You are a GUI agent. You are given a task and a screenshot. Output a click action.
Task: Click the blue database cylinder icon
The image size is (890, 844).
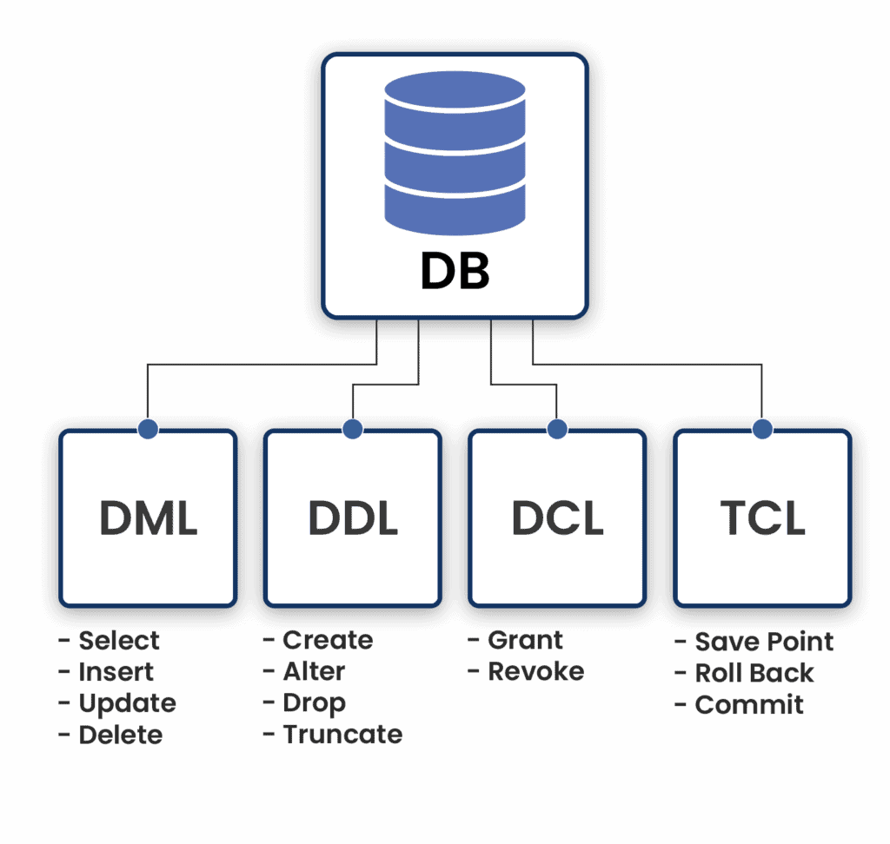pos(455,154)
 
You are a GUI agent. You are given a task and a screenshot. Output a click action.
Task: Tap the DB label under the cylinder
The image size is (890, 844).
pos(455,271)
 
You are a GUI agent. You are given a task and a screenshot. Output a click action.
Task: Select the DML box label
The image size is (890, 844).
pos(149,518)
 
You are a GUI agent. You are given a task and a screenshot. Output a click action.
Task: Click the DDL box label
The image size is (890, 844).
pos(353,518)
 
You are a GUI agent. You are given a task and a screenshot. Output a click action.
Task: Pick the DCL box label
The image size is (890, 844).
pos(557,518)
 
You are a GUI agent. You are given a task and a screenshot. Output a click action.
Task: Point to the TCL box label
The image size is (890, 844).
pos(762,518)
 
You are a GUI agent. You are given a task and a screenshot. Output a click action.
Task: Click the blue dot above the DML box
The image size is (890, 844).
pos(149,428)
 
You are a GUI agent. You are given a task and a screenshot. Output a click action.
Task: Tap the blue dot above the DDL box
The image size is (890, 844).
pos(353,428)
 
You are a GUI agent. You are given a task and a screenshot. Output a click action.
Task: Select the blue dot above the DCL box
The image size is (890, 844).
pos(557,428)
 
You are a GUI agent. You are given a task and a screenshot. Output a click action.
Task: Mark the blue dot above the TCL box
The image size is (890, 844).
pos(762,428)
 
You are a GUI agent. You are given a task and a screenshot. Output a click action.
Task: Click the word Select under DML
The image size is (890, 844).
pos(119,641)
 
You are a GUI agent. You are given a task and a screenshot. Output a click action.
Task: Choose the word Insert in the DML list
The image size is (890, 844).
pos(116,672)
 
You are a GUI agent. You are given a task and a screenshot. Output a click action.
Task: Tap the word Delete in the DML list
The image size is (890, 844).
pos(121,735)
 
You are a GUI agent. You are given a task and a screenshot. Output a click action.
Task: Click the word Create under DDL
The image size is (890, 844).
pos(328,641)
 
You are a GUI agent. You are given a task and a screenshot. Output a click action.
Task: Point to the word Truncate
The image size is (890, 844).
pos(342,735)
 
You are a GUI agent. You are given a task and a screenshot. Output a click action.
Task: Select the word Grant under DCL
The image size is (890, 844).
pos(526,641)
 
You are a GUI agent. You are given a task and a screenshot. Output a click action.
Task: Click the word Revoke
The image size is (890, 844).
pos(535,672)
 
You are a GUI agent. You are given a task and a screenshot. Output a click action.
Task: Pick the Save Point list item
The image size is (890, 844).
pos(764,642)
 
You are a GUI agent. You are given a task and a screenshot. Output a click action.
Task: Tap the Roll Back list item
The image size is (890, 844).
pos(754,673)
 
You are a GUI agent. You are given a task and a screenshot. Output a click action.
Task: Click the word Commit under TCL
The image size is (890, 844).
pos(749,704)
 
